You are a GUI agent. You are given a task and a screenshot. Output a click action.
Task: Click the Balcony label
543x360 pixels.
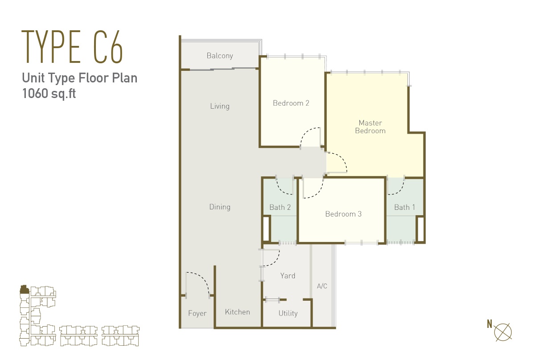tap(220, 56)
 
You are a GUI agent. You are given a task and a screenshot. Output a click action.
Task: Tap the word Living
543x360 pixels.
tap(220, 106)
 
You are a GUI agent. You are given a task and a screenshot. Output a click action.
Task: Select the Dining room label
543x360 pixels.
tap(220, 207)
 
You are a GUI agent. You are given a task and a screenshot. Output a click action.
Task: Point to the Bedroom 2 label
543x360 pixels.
tap(291, 103)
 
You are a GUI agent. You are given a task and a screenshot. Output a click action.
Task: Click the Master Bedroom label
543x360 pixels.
tap(370, 127)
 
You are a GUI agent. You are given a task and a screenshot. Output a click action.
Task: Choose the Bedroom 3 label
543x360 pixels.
tap(343, 214)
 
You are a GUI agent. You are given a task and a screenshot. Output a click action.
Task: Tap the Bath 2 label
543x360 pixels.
tap(280, 207)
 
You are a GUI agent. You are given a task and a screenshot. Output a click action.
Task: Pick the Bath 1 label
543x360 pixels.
tap(405, 207)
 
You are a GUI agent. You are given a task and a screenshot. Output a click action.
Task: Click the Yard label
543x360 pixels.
tap(288, 276)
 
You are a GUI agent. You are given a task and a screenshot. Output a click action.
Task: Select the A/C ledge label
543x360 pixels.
tap(322, 286)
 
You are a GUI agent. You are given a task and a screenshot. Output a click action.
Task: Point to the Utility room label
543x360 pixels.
tap(288, 314)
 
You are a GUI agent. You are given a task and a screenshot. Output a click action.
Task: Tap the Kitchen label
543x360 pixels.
tap(237, 312)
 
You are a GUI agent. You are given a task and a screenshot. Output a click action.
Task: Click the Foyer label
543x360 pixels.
tap(197, 314)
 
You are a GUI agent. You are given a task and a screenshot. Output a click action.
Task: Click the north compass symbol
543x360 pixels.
tap(503, 332)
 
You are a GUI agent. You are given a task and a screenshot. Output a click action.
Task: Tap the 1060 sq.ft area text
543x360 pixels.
tap(49, 94)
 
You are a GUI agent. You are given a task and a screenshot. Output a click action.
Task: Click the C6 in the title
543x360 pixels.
tap(108, 47)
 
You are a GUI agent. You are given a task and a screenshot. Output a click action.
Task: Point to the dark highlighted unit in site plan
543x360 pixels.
tap(24, 289)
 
